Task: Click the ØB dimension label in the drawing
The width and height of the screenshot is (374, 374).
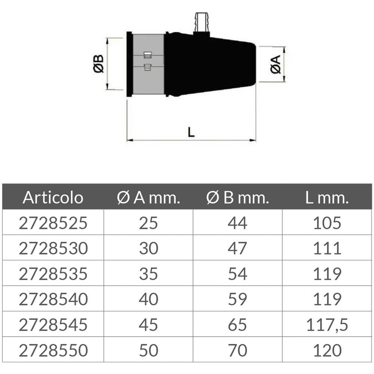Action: [x=98, y=64]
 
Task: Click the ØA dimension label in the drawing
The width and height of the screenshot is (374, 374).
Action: [x=276, y=64]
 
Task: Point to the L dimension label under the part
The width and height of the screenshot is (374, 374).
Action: [x=191, y=132]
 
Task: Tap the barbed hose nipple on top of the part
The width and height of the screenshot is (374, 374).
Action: [x=202, y=23]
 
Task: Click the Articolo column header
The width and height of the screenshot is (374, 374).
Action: [x=53, y=197]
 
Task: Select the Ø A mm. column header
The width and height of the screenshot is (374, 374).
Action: [x=148, y=198]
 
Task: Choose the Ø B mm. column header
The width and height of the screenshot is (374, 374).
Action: [x=237, y=198]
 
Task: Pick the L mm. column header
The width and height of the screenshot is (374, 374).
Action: [x=327, y=198]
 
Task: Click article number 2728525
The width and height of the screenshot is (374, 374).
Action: [x=53, y=223]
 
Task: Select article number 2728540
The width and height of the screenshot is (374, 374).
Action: [x=53, y=299]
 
